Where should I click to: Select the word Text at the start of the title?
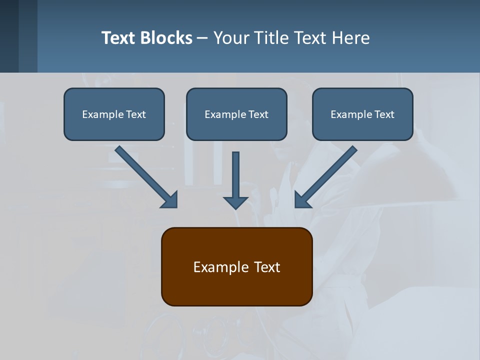point(119,38)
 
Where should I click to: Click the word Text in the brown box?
point(267,267)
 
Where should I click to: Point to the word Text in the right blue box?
point(383,114)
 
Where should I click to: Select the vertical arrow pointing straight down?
point(235,177)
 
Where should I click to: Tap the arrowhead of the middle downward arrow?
point(235,202)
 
